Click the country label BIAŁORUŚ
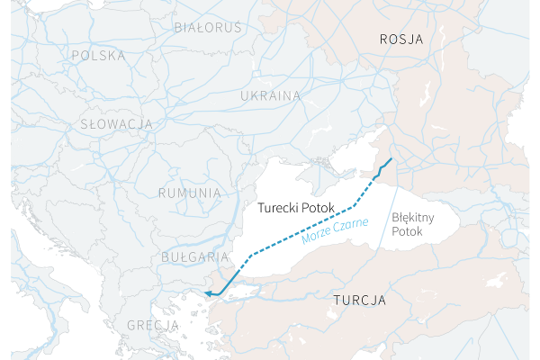(208, 27)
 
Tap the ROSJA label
(401, 39)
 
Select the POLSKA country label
(98, 56)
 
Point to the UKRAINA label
(270, 95)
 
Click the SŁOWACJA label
(114, 123)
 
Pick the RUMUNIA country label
(189, 193)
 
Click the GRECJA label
(152, 324)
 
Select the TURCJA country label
(359, 299)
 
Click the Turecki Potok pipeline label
(295, 208)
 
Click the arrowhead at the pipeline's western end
(208, 293)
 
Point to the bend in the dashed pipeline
(353, 209)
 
